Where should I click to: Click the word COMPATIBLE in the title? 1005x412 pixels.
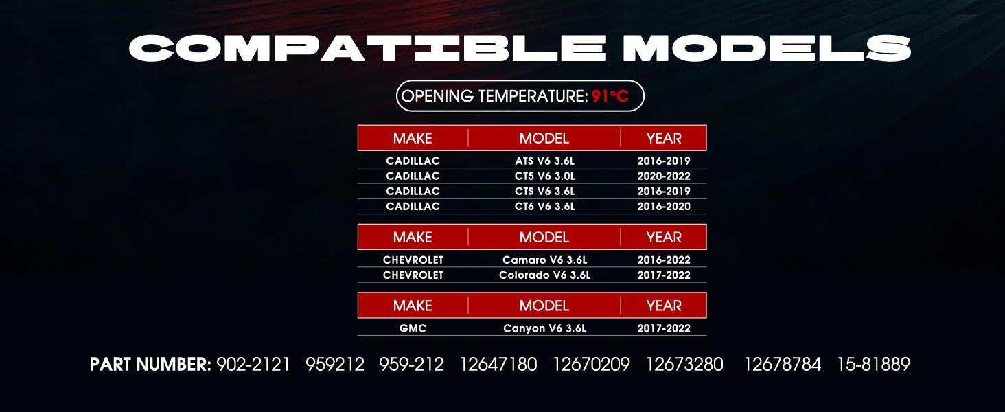click(x=368, y=48)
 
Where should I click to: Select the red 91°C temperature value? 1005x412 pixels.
click(x=610, y=96)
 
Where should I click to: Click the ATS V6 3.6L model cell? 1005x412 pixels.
click(x=544, y=161)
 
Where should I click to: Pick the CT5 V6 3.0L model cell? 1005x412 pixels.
click(x=544, y=176)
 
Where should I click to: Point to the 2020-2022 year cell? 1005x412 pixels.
click(x=664, y=176)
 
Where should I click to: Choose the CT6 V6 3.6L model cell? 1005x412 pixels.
click(x=544, y=207)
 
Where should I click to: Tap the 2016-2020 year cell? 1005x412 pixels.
click(x=664, y=207)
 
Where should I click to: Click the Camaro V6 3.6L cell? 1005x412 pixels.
click(x=544, y=260)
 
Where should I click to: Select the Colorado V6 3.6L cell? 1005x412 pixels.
click(x=544, y=275)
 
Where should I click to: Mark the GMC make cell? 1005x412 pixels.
click(x=413, y=328)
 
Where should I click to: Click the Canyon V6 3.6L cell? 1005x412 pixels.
click(x=544, y=328)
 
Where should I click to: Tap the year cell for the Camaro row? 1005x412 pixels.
click(x=664, y=260)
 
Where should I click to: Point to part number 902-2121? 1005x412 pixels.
click(x=253, y=365)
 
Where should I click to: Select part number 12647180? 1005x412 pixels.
click(x=498, y=365)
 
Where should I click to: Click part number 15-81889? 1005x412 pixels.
click(x=874, y=365)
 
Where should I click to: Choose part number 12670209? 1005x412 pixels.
click(x=591, y=365)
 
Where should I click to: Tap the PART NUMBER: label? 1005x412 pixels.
click(x=150, y=365)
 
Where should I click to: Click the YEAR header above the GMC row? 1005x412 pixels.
click(x=664, y=306)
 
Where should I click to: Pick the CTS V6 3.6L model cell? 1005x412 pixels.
click(x=544, y=191)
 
